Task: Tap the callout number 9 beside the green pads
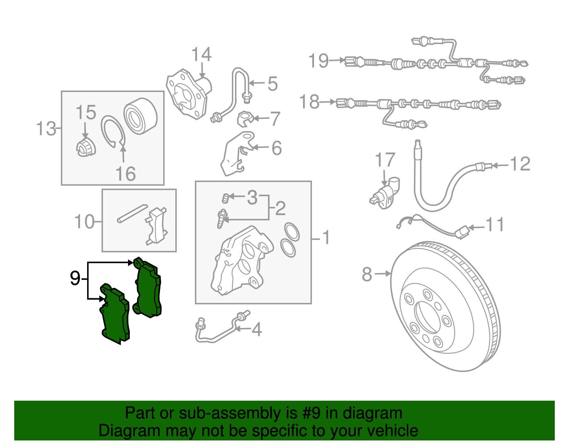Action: [x=75, y=278]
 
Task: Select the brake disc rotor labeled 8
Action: [x=445, y=306]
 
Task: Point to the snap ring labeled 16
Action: [x=113, y=131]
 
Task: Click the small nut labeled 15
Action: [x=86, y=148]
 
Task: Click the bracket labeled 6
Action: [x=237, y=153]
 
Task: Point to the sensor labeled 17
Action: [x=385, y=193]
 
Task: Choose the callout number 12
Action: [x=520, y=164]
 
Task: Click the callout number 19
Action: [x=318, y=61]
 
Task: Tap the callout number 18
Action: [x=309, y=102]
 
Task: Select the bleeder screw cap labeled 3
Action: [x=225, y=198]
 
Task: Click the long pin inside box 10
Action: [x=133, y=213]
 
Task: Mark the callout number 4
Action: [x=257, y=330]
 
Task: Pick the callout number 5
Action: [x=272, y=84]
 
